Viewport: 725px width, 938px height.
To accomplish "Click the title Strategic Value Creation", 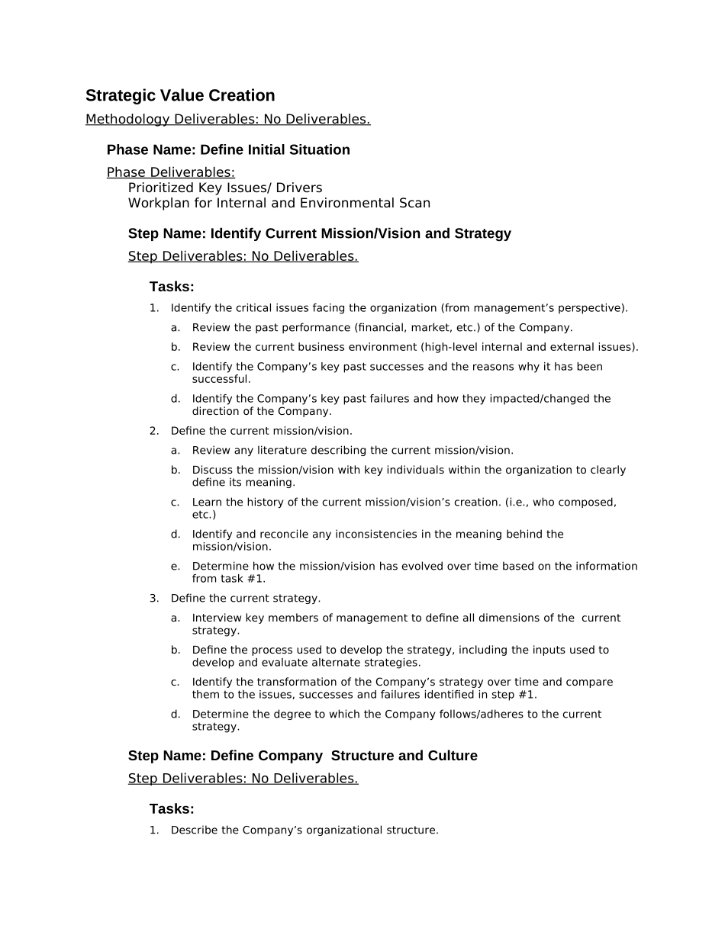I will (180, 95).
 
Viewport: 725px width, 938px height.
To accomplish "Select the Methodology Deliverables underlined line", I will (227, 119).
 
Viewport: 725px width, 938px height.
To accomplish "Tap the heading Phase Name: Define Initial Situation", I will (228, 149).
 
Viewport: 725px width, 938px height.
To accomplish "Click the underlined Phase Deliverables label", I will (171, 172).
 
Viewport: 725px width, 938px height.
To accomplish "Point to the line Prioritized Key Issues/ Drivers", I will (225, 188).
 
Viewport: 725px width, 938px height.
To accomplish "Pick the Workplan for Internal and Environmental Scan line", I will (279, 203).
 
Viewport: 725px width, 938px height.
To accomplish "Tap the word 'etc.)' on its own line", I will (204, 515).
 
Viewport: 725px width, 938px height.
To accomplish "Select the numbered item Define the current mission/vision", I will (261, 431).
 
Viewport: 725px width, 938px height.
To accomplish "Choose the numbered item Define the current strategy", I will (245, 599).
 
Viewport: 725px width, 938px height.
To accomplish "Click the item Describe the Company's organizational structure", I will (304, 830).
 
